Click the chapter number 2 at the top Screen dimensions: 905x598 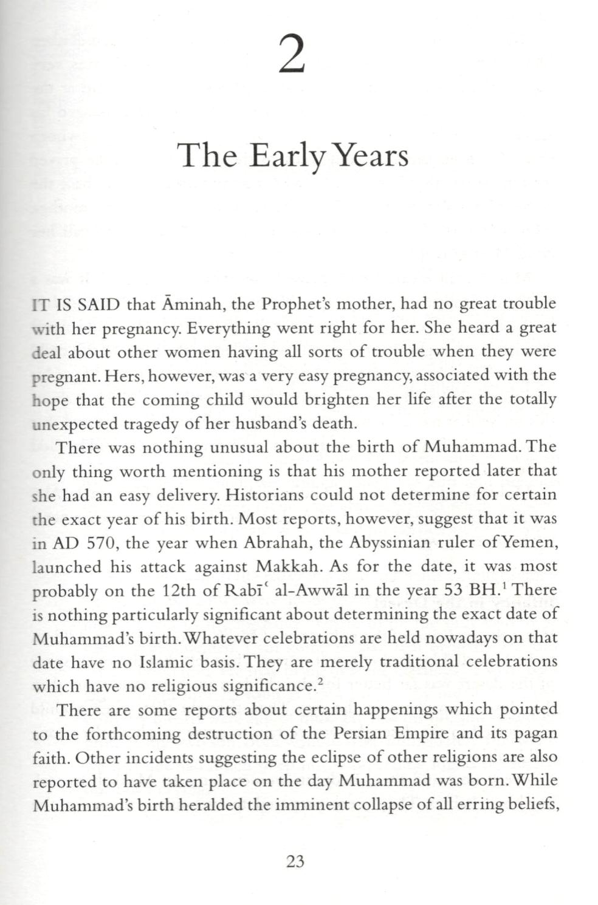click(x=292, y=55)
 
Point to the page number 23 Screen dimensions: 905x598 click(x=295, y=861)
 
